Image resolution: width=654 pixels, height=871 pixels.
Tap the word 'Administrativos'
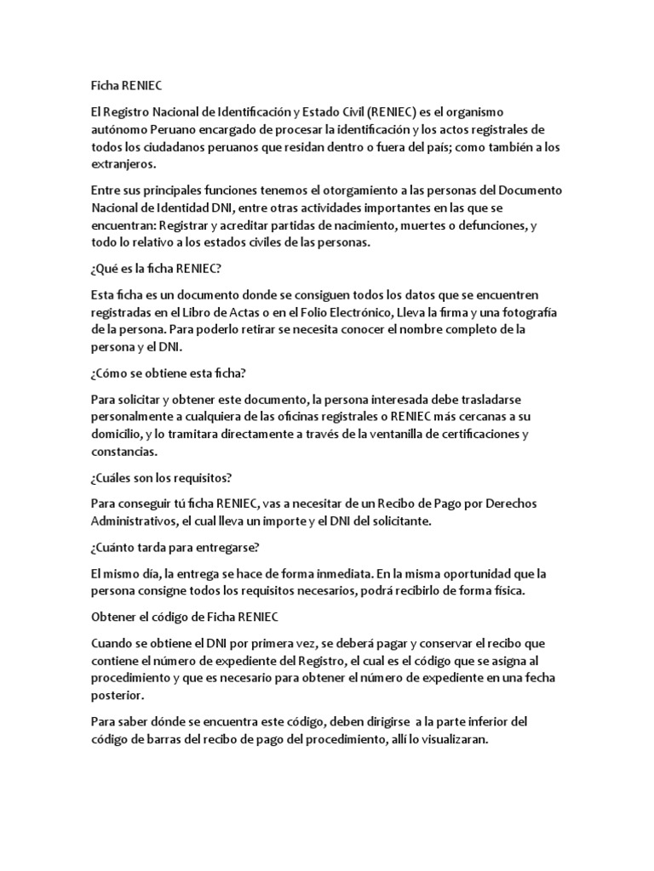coord(135,521)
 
